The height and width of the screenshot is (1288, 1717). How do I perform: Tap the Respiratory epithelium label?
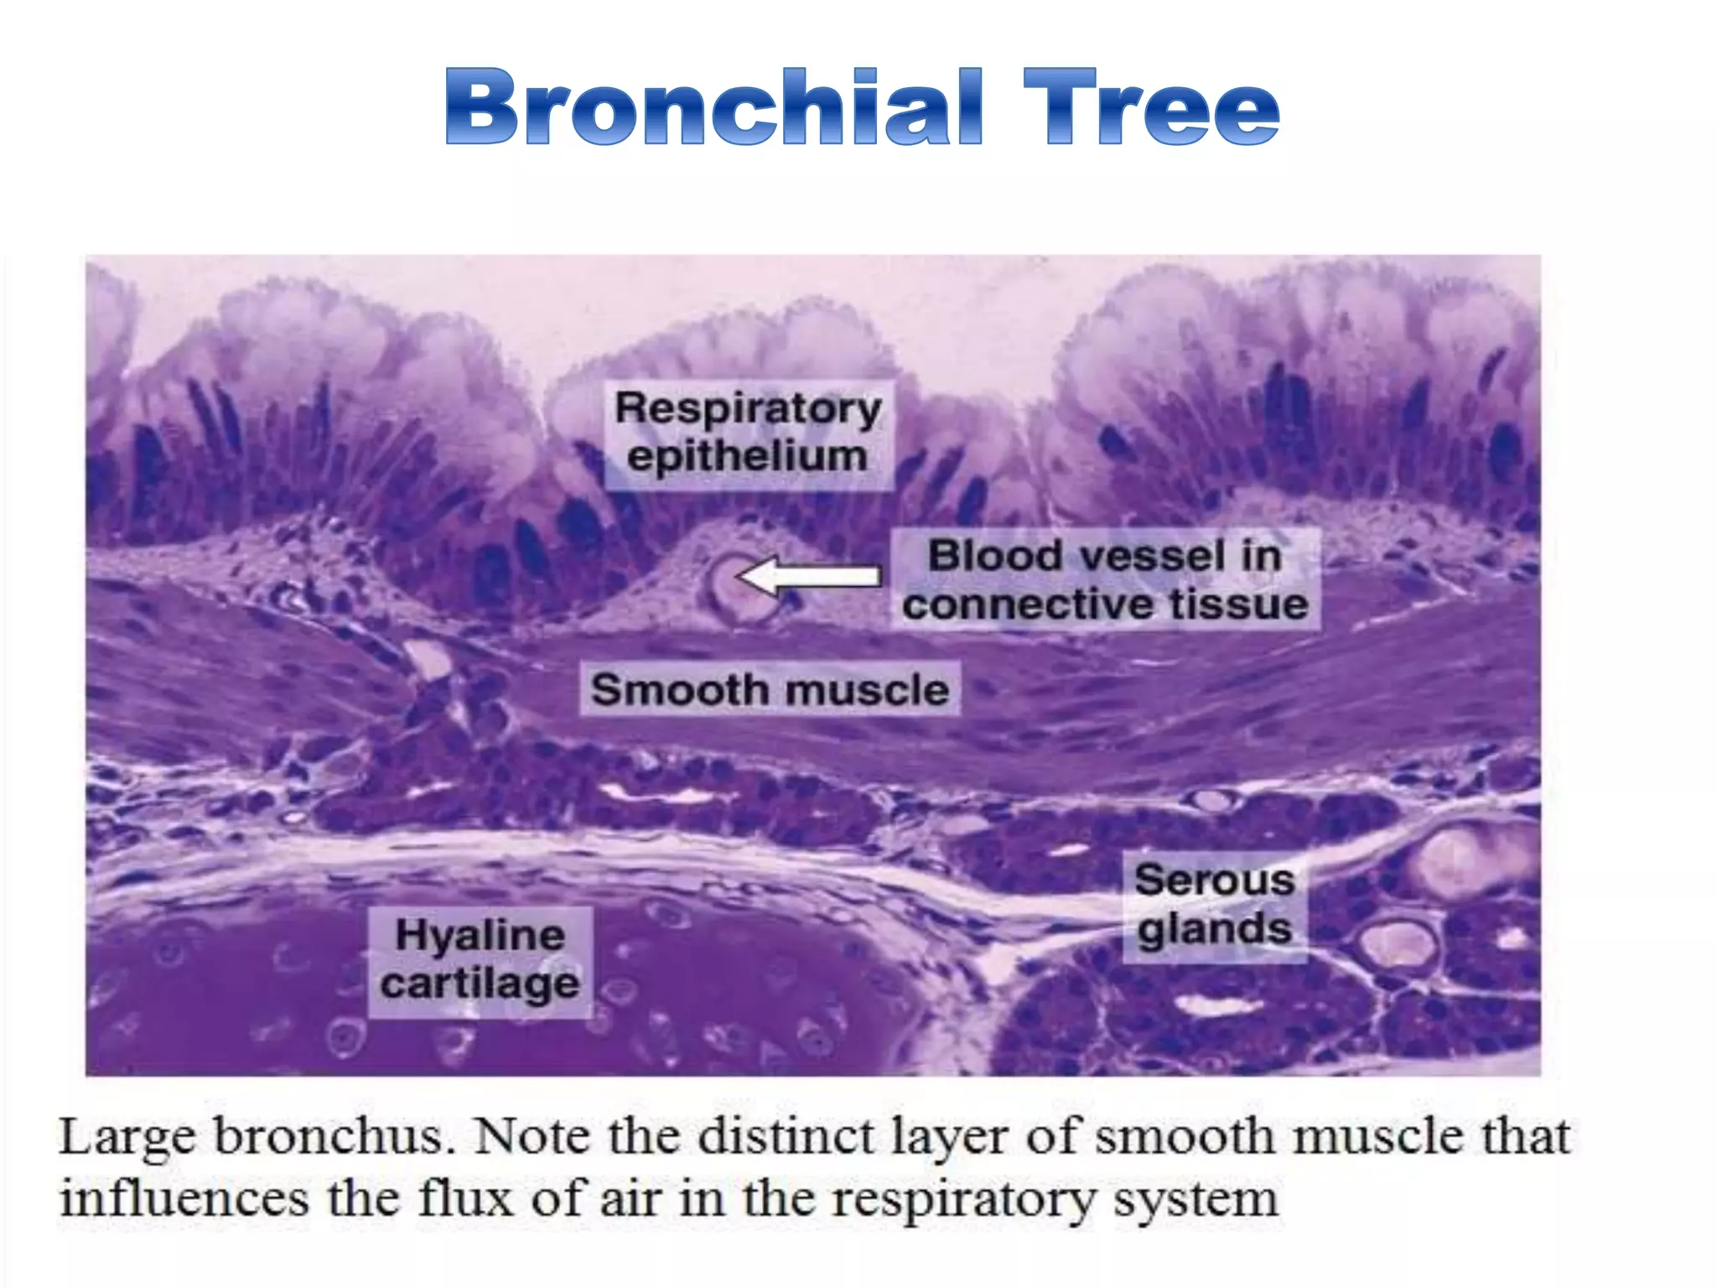748,433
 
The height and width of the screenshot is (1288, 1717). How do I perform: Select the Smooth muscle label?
770,690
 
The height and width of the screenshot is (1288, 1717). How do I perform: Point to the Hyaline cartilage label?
480,960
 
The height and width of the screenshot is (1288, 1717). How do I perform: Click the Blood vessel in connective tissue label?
1105,579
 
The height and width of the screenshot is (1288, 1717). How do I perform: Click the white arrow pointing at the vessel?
809,576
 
